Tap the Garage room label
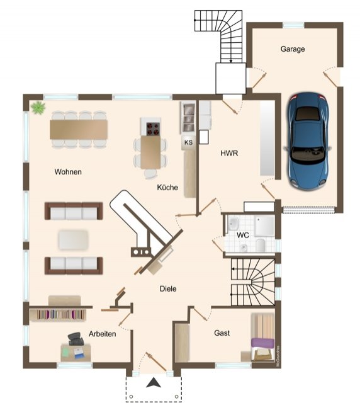[293, 48]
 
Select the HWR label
[228, 153]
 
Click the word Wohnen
[69, 171]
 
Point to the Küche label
[167, 187]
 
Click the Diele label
[167, 288]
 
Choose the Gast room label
[222, 333]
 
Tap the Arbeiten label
[102, 334]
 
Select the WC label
[244, 235]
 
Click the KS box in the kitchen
[188, 142]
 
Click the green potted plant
[38, 107]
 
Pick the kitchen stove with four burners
[153, 128]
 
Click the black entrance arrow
[153, 382]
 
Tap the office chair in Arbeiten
[75, 340]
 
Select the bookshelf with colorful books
[61, 314]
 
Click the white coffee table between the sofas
[74, 239]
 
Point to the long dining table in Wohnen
[79, 129]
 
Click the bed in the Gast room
[264, 338]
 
